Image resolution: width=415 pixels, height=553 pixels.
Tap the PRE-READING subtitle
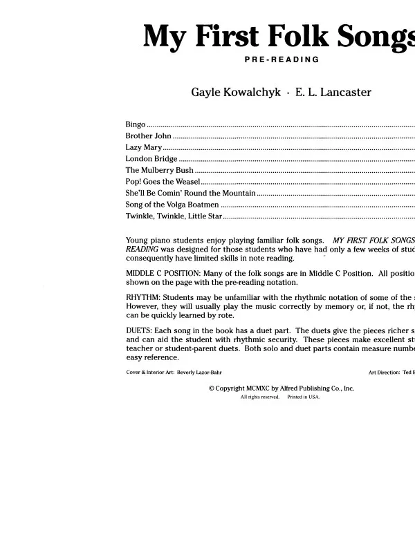pos(282,59)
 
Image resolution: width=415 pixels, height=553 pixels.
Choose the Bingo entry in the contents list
pos(136,124)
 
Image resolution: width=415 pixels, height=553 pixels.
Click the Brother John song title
pos(149,136)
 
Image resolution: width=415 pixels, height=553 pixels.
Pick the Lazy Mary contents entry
pos(144,148)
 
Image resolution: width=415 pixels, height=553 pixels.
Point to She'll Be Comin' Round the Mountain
pos(191,193)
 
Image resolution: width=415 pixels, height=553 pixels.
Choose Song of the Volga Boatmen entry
pos(173,205)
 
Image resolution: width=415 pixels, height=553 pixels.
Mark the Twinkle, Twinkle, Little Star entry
pos(174,216)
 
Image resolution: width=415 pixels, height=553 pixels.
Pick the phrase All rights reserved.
pos(260,397)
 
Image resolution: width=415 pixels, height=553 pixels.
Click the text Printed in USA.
pos(304,397)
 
